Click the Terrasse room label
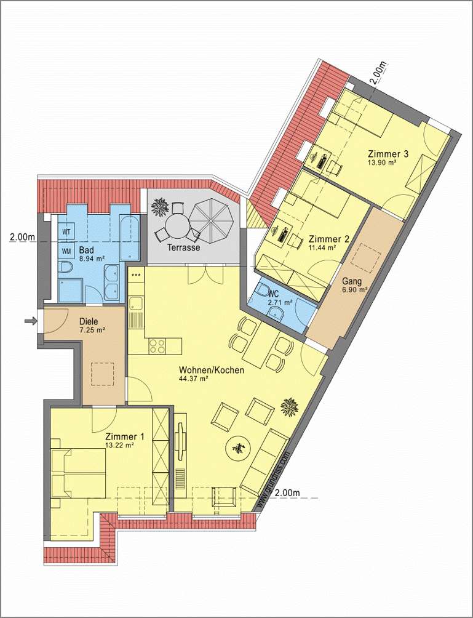pyautogui.click(x=183, y=247)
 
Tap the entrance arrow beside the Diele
pyautogui.click(x=30, y=321)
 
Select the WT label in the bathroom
pyautogui.click(x=66, y=232)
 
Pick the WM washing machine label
pyautogui.click(x=66, y=251)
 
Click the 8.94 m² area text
pyautogui.click(x=92, y=259)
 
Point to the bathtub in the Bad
pyautogui.click(x=130, y=238)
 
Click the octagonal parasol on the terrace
pyautogui.click(x=212, y=217)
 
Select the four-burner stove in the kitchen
pyautogui.click(x=157, y=346)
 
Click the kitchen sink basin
pyautogui.click(x=137, y=304)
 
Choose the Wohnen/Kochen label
pyautogui.click(x=212, y=370)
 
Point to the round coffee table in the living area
pyautogui.click(x=239, y=447)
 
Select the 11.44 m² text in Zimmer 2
pyautogui.click(x=322, y=247)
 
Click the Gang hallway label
pyautogui.click(x=352, y=281)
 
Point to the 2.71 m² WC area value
pyautogui.click(x=280, y=303)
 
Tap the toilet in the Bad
pyautogui.click(x=65, y=267)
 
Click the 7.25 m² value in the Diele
pyautogui.click(x=92, y=331)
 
